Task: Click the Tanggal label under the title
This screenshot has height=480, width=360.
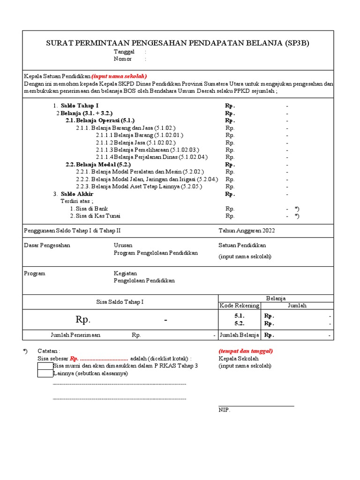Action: tap(124, 52)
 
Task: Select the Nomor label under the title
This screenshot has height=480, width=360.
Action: tap(123, 59)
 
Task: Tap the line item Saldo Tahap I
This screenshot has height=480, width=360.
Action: tap(80, 106)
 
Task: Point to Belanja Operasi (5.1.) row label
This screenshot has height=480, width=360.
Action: tap(100, 120)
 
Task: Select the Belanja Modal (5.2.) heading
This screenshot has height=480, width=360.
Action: tap(98, 165)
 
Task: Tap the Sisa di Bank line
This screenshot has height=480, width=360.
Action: tap(89, 209)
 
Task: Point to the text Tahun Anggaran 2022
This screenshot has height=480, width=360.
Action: tap(247, 231)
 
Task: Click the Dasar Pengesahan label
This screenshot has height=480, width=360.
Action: tap(47, 245)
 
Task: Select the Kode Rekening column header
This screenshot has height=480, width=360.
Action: tap(239, 306)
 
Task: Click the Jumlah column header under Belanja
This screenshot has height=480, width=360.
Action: tap(297, 306)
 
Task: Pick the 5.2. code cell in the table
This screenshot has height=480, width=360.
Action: tap(239, 323)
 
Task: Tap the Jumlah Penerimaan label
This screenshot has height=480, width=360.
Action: tap(75, 335)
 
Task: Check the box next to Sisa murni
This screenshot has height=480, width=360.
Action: tap(45, 366)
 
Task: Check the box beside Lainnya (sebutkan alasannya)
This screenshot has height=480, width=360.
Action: tap(45, 374)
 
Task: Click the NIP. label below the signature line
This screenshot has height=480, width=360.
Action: tap(225, 410)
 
